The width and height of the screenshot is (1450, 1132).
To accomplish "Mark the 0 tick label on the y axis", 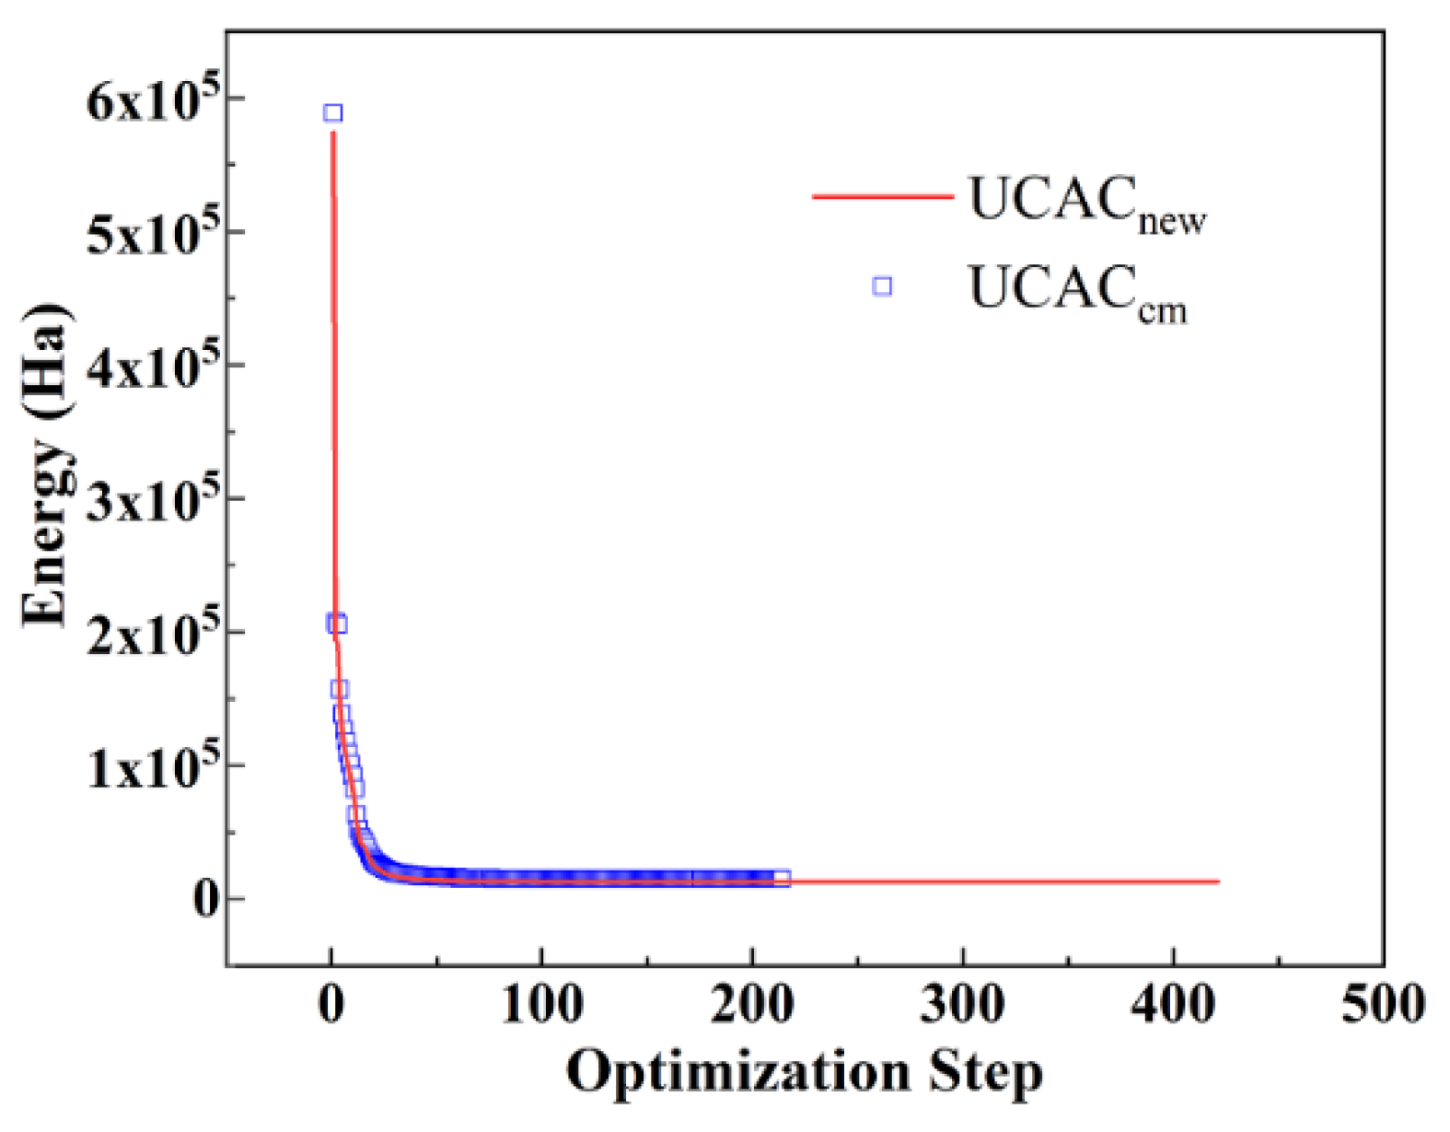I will [205, 899].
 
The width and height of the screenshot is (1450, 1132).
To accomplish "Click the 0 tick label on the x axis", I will [331, 1004].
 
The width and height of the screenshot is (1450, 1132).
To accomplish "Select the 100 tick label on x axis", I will [541, 1004].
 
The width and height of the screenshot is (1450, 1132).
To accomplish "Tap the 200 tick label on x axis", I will [752, 1004].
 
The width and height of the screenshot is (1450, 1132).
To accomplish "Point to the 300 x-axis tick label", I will [963, 1004].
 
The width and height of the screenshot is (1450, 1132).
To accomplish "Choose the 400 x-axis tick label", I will [1173, 1004].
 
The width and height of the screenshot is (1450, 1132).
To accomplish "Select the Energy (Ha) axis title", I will [46, 465].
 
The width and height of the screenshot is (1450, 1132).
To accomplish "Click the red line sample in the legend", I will [882, 196].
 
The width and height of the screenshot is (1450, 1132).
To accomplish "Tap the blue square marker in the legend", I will [882, 286].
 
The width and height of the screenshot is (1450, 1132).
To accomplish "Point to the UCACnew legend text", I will [1086, 204].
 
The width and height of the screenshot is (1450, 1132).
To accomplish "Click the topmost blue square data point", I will [333, 113].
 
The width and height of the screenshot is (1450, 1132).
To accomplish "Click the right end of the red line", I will [1218, 881].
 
